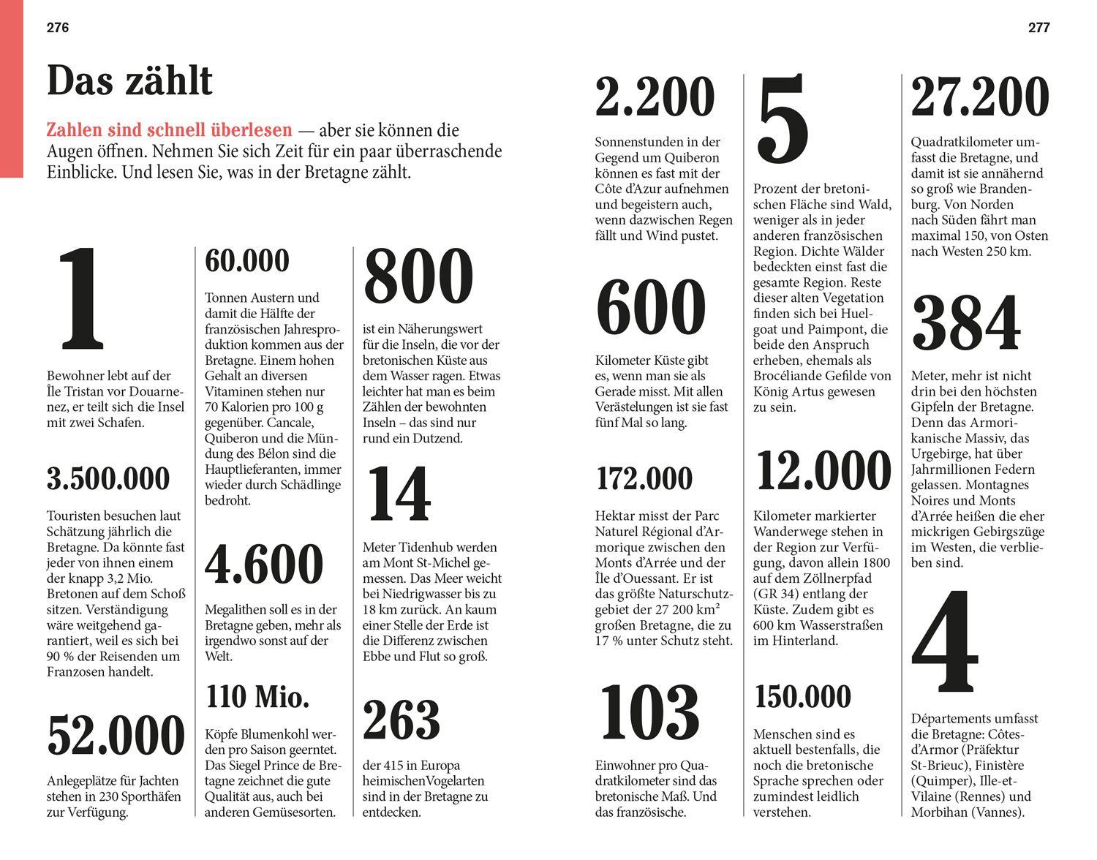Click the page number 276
click(58, 28)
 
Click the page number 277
click(1038, 28)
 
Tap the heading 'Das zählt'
click(129, 80)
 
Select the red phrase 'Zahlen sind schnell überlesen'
click(169, 131)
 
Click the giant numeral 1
click(83, 300)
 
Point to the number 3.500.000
click(108, 479)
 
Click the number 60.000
click(247, 261)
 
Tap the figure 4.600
click(264, 565)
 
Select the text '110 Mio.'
click(257, 697)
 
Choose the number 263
click(402, 720)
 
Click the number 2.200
click(655, 97)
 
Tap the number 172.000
click(644, 479)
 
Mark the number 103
click(649, 712)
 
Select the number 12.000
click(823, 471)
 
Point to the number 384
click(966, 322)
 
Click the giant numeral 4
click(944, 643)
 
